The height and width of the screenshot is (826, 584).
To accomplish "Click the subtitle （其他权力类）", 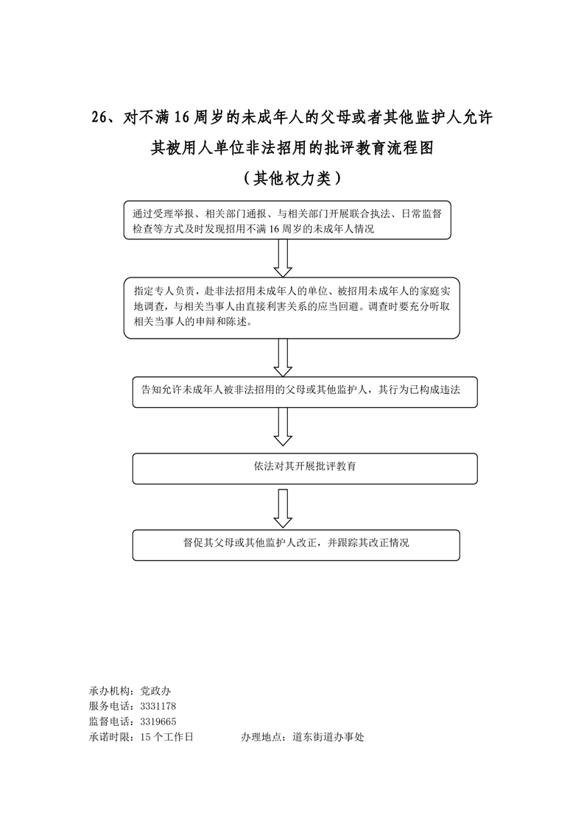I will coord(292,177).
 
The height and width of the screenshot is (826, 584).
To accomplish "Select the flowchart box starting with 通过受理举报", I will coord(287,219).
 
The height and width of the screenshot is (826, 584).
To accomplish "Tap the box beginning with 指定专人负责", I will coord(292,308).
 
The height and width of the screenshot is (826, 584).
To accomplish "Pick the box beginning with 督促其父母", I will coord(295,545).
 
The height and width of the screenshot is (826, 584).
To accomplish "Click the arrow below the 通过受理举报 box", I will coord(284,257).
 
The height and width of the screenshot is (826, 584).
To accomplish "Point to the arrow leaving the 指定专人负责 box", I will coord(284,357).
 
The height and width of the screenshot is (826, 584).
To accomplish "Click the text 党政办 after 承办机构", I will coord(155,691).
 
